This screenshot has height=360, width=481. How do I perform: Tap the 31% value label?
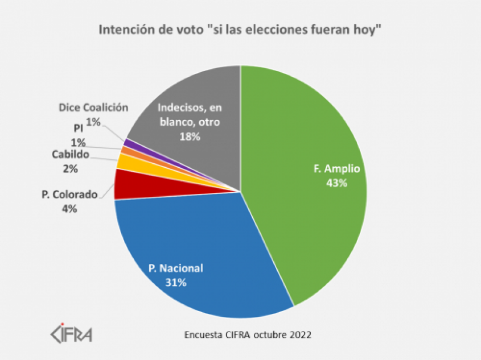(176, 282)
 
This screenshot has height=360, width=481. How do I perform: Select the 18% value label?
(189, 137)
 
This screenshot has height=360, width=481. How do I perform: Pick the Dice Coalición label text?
(93, 107)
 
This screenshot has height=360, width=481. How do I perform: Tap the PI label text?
(79, 129)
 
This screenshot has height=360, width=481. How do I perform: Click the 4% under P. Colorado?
(70, 208)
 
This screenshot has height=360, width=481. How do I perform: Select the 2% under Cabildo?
(71, 168)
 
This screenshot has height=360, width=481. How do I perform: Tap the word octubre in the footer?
(266, 334)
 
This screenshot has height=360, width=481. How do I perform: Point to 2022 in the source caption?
(301, 334)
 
